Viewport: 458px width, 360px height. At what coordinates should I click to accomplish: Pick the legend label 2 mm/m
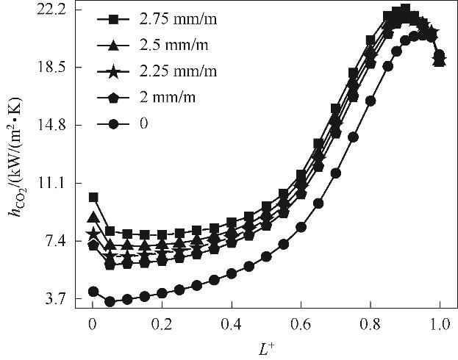coord(163,97)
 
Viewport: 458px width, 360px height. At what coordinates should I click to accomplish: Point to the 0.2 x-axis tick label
coord(162,323)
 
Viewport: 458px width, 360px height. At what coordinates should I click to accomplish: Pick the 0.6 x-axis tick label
coord(301,323)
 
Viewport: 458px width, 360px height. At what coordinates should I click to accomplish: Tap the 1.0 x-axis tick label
coord(440,323)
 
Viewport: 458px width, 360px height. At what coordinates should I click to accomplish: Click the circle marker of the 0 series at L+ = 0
coord(93,292)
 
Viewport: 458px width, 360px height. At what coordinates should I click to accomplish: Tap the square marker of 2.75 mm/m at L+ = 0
coord(93,197)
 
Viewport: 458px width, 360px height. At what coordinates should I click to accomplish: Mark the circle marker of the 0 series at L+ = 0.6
coord(301,227)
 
